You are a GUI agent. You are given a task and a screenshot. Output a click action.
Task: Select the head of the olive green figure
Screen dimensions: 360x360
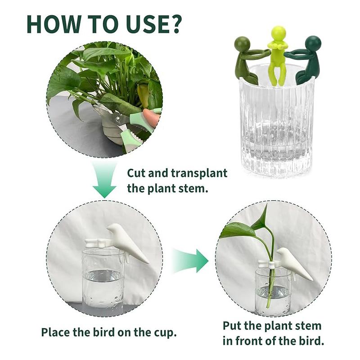[x=243, y=44]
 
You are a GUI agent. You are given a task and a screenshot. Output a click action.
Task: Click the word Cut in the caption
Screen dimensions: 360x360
[x=138, y=173]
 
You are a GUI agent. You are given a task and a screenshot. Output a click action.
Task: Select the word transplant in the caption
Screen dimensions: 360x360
[x=198, y=173]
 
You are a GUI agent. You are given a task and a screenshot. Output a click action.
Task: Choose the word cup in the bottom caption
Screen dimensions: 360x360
[x=163, y=333]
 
